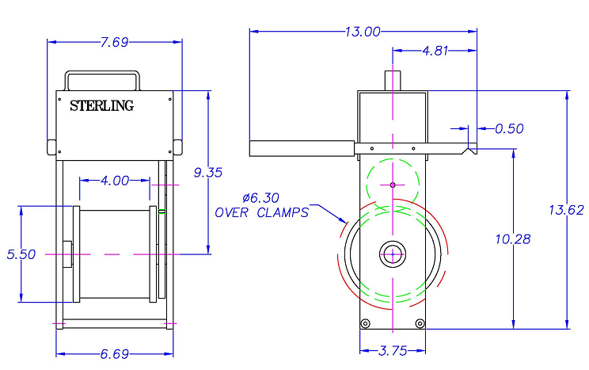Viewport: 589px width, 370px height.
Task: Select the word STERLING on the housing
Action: coord(102,105)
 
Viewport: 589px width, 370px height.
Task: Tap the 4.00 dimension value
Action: coord(115,180)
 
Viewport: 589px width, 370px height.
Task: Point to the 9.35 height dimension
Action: coord(208,172)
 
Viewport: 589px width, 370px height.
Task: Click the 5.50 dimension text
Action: coord(21,254)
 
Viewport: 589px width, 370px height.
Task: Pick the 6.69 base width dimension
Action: coord(116,353)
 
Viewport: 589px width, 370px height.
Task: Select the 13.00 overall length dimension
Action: coord(363,32)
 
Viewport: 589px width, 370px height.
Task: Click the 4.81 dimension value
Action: coord(435,51)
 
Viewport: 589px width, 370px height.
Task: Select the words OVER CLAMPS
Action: coord(261,212)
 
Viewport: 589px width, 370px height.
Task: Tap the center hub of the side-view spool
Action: coord(393,254)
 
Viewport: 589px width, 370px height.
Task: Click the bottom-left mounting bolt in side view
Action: coord(365,323)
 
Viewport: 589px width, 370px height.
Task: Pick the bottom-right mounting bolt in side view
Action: coord(420,323)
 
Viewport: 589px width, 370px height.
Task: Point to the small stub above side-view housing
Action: coord(393,80)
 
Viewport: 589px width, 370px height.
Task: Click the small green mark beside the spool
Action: coord(161,212)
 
